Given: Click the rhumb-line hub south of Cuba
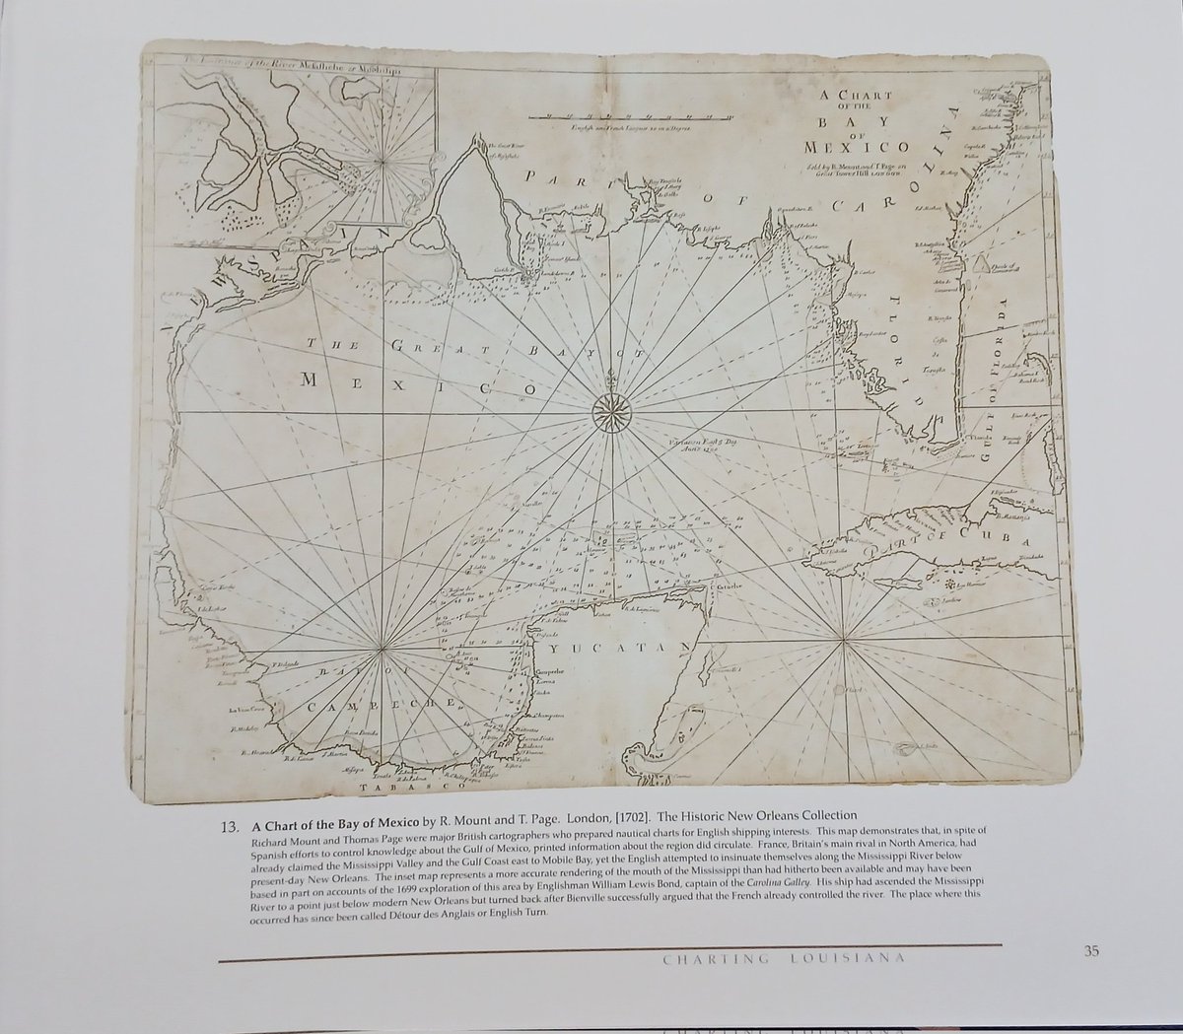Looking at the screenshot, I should pos(844,643).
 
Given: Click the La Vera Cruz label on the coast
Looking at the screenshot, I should pos(248,709).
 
